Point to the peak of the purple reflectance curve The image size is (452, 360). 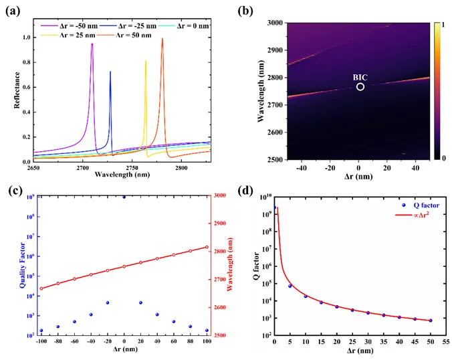(x=92, y=44)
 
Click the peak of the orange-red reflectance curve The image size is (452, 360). (x=162, y=39)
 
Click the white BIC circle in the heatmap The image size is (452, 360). (x=360, y=87)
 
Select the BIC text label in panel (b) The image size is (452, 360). (x=360, y=77)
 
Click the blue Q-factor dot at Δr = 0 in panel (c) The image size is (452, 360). (x=124, y=197)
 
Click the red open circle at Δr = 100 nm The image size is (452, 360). (x=207, y=247)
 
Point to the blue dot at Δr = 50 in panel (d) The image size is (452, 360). (x=431, y=321)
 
